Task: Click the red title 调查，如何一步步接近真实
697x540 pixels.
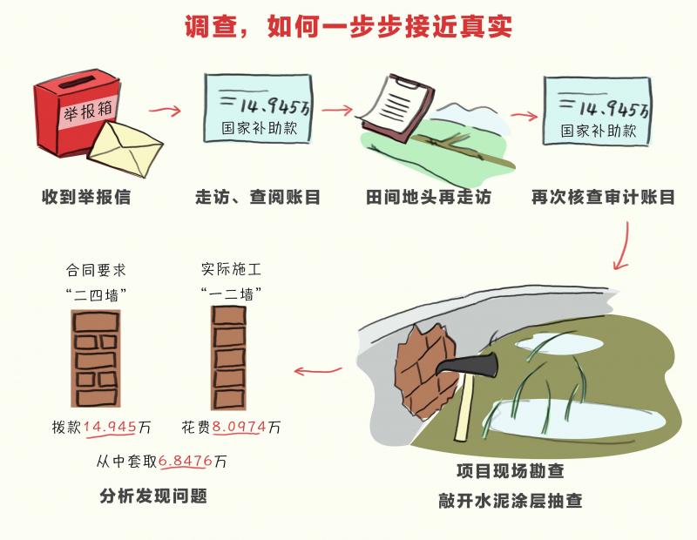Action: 348,27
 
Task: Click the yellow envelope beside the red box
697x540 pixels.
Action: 125,148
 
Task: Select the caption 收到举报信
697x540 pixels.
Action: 86,197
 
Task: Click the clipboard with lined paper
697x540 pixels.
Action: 397,108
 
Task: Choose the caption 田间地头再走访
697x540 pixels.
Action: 428,197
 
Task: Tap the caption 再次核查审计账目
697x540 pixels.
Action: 603,197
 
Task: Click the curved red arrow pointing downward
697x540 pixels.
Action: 623,246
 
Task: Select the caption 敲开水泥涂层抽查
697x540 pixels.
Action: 510,501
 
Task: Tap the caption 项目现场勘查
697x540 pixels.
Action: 511,471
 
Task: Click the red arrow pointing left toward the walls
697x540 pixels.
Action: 318,370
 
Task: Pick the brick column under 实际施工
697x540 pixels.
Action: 228,358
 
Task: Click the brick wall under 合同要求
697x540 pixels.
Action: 96,359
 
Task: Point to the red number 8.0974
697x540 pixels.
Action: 239,427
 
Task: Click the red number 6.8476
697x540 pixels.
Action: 186,461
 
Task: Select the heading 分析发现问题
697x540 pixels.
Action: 153,496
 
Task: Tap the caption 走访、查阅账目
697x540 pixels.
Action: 258,197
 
